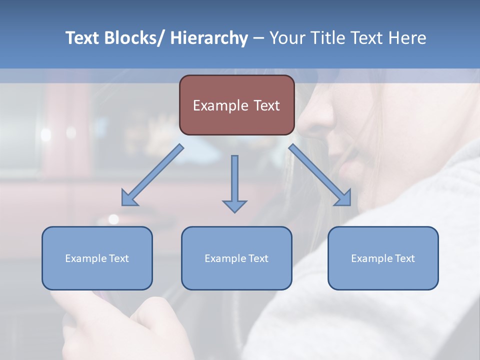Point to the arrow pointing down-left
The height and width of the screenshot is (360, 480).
click(x=152, y=175)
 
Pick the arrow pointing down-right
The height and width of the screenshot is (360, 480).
click(x=320, y=175)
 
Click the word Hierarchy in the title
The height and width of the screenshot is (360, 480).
click(x=209, y=38)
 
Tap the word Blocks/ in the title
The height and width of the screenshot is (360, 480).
click(x=135, y=38)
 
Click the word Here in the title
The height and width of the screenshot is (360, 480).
click(x=406, y=38)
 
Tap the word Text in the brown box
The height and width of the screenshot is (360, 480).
click(x=266, y=105)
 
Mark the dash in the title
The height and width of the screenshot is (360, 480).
click(x=258, y=38)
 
